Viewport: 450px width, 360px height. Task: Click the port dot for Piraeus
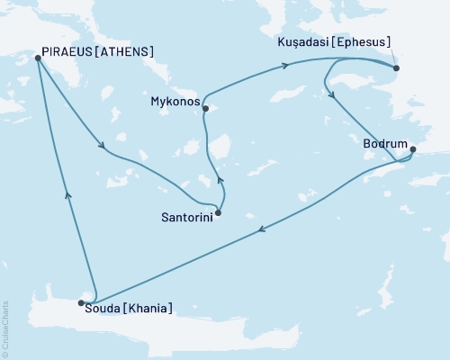coord(38,58)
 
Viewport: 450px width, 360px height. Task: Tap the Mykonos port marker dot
coord(206,109)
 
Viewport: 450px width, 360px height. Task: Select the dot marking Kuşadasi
coord(396,67)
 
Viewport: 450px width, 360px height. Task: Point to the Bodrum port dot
coord(413,149)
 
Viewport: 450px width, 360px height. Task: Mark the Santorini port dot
coord(219,213)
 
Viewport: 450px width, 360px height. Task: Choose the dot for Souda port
coord(82,303)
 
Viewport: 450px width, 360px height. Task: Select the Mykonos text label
coord(174,102)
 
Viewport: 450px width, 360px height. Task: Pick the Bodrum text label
coord(382,142)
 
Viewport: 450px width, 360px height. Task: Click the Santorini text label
coord(186,218)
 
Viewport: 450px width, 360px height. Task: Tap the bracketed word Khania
coord(147,310)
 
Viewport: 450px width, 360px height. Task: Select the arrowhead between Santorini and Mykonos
coord(221,183)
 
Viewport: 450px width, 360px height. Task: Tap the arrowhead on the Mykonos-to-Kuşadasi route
coord(285,65)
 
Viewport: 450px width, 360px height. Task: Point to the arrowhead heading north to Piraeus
coord(67,193)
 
